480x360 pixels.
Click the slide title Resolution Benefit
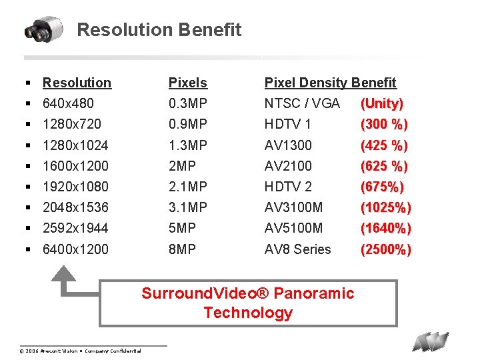click(159, 30)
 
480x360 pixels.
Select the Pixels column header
click(187, 83)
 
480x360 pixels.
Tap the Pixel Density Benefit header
click(330, 83)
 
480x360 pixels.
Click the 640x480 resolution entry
click(68, 103)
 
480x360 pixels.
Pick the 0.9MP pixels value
click(187, 124)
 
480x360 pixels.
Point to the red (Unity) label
click(381, 103)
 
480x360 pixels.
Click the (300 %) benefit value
click(384, 124)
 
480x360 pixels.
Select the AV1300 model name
click(288, 145)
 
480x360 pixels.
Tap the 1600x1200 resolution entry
click(75, 165)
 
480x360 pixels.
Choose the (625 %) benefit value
click(384, 165)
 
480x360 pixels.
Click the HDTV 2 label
click(288, 186)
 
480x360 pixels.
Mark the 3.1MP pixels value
click(187, 207)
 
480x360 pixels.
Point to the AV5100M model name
click(293, 228)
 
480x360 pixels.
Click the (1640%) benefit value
click(385, 228)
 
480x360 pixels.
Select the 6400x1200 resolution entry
click(75, 249)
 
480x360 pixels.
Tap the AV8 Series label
click(297, 249)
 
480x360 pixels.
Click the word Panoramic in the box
click(314, 293)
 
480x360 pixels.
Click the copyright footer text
click(80, 351)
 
